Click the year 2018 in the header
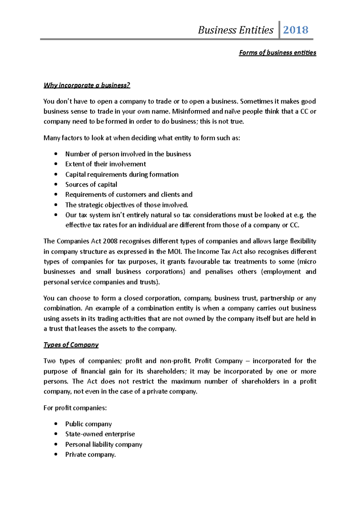click(295, 30)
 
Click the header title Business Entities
click(235, 30)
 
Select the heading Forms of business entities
click(277, 53)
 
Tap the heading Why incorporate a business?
click(87, 85)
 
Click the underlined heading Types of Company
click(71, 345)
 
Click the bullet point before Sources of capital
click(56, 185)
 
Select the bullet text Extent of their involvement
click(106, 164)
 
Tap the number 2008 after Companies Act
click(110, 241)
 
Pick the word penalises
click(219, 272)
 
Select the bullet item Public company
click(88, 424)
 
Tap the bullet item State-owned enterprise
click(100, 434)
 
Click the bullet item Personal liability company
click(104, 445)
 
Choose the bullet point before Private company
click(56, 455)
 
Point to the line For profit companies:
click(75, 408)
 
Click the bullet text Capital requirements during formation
click(122, 174)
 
